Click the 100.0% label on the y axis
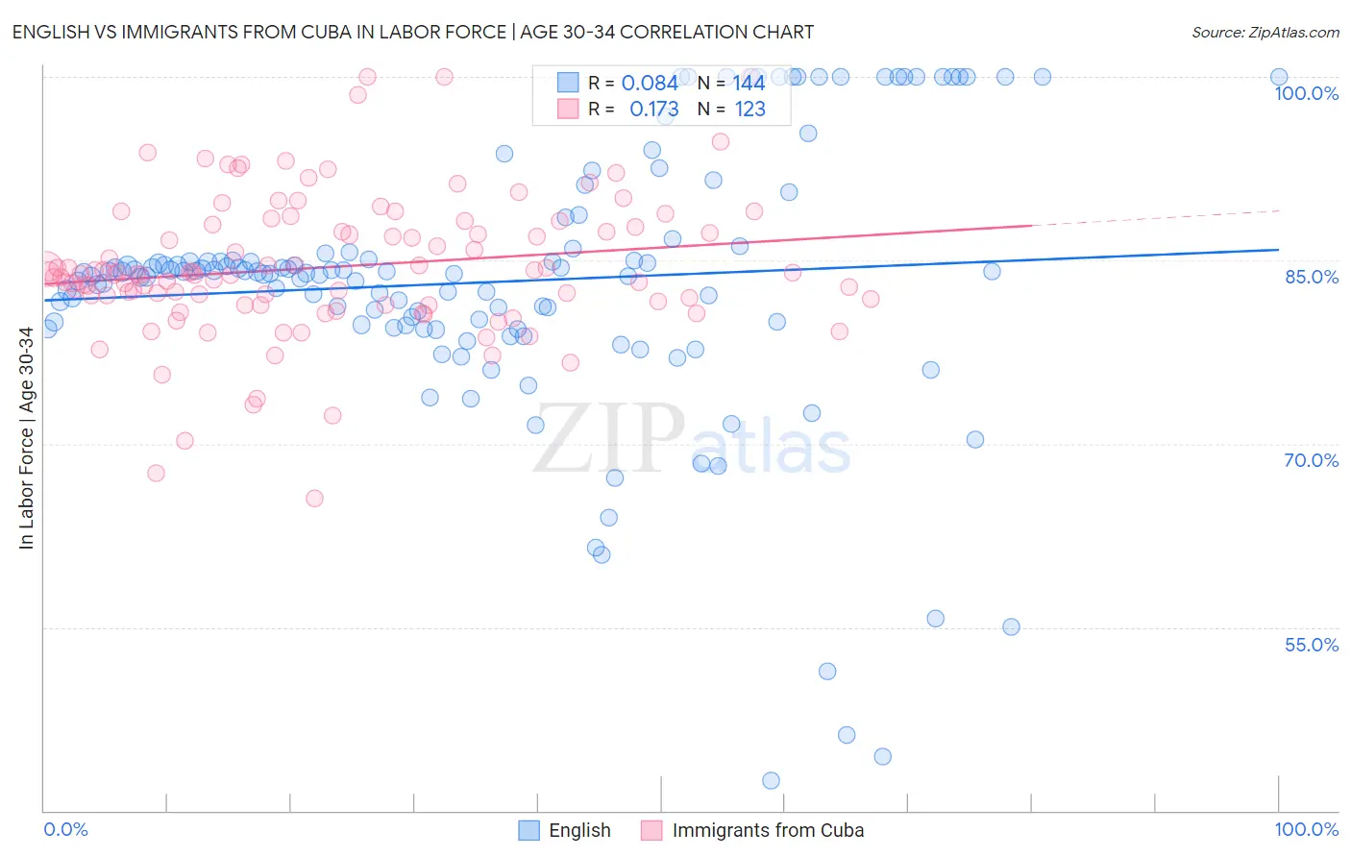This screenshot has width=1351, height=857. [1306, 93]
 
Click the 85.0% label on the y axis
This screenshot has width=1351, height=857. [1311, 277]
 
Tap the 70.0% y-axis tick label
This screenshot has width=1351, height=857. [1311, 460]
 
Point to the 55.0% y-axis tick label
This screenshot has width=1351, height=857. [1311, 645]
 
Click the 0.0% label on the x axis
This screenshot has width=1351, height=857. [65, 829]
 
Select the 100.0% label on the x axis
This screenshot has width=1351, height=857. [1306, 829]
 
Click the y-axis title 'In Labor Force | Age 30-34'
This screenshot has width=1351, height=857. [27, 438]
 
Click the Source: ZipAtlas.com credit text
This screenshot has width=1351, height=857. [1265, 32]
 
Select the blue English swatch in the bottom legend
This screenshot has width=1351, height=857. [529, 830]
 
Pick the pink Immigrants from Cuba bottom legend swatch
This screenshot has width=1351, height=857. [652, 830]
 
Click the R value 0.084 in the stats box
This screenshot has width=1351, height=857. [650, 83]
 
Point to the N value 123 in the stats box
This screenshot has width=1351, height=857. [750, 110]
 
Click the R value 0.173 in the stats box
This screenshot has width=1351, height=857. [653, 110]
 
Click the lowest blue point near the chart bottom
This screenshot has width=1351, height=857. [771, 781]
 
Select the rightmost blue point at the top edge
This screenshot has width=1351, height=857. [1279, 77]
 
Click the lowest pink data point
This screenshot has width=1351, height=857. [314, 498]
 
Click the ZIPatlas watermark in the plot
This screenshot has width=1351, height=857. [692, 441]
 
